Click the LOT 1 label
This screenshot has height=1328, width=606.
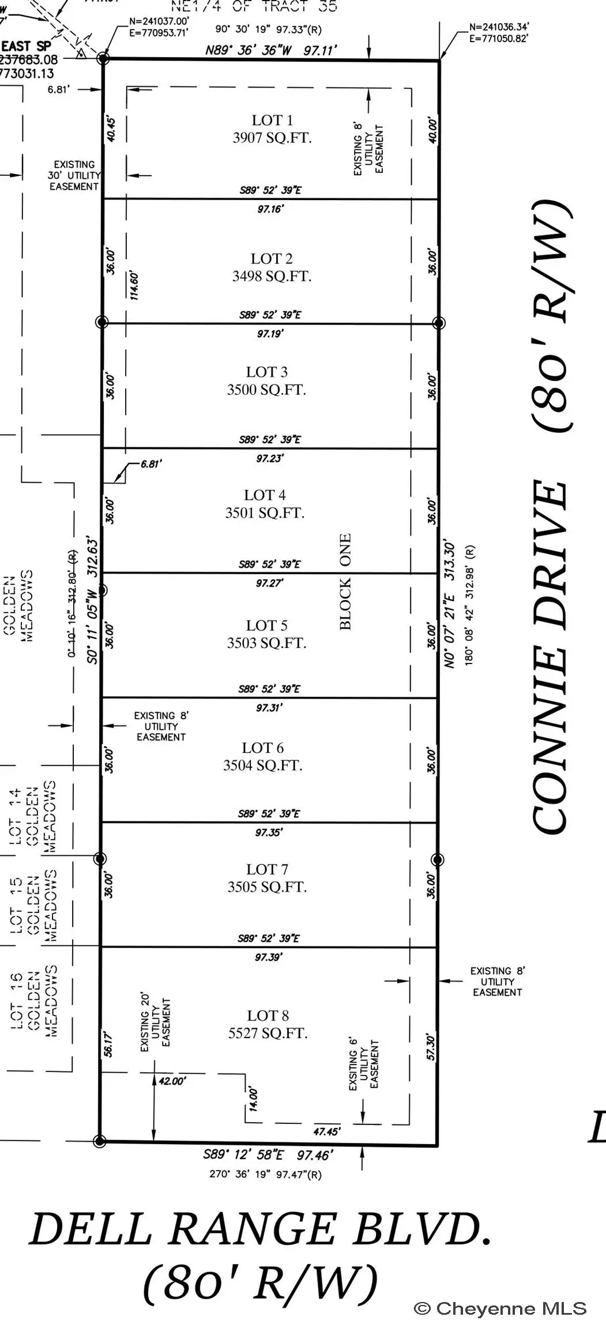272,120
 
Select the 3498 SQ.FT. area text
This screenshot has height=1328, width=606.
272,276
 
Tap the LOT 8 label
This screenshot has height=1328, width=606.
268,1015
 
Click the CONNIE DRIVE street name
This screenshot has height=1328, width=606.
551,657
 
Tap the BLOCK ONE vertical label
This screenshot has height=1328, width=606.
345,582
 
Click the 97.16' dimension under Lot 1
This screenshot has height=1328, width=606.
270,209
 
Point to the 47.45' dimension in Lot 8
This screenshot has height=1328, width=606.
326,1131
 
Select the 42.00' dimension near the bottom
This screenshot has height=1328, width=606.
172,1081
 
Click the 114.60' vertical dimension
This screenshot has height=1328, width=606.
134,285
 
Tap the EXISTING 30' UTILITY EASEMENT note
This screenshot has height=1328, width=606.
74,175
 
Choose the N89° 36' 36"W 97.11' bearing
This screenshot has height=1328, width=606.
271,51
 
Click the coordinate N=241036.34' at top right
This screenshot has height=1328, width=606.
499,27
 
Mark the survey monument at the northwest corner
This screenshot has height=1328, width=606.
103,58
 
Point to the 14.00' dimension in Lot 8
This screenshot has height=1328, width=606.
254,1100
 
